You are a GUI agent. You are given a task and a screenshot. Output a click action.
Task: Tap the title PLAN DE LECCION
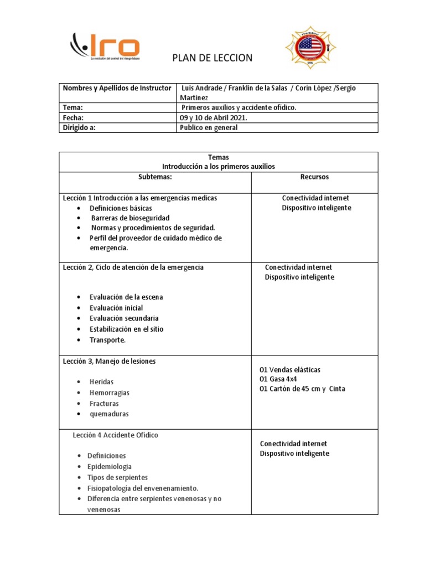pyautogui.click(x=212, y=58)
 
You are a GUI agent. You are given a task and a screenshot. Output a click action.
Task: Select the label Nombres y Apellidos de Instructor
pyautogui.click(x=117, y=88)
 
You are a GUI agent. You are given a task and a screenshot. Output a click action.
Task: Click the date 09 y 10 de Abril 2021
pyautogui.click(x=214, y=118)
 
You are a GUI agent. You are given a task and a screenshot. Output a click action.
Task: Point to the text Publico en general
pyautogui.click(x=208, y=128)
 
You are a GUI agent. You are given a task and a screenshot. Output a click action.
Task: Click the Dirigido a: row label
pyautogui.click(x=83, y=128)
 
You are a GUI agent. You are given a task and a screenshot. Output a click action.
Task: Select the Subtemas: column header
pyautogui.click(x=155, y=177)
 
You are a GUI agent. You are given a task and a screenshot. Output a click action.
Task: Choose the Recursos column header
pyautogui.click(x=314, y=177)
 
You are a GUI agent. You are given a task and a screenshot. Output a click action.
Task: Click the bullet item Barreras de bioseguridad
pyautogui.click(x=130, y=218)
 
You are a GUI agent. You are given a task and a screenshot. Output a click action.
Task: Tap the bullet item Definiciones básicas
pyautogui.click(x=121, y=208)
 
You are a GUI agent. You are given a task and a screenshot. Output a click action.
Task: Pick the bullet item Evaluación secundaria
pyautogui.click(x=124, y=318)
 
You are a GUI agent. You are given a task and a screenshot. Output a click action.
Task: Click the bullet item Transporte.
pyautogui.click(x=108, y=340)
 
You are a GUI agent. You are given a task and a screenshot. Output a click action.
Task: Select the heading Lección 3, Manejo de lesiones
pyautogui.click(x=109, y=361)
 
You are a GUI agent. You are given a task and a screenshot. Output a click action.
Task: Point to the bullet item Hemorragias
pyautogui.click(x=110, y=393)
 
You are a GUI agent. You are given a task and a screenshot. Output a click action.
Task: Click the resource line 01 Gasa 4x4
pyautogui.click(x=278, y=379)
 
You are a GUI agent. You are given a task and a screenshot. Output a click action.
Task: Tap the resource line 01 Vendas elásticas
pyautogui.click(x=289, y=369)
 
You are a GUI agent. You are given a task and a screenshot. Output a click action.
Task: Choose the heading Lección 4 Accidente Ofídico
pyautogui.click(x=115, y=435)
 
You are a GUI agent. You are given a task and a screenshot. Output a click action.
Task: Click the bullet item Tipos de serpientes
pyautogui.click(x=117, y=477)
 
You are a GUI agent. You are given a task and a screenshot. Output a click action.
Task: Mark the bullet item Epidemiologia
pyautogui.click(x=110, y=467)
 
